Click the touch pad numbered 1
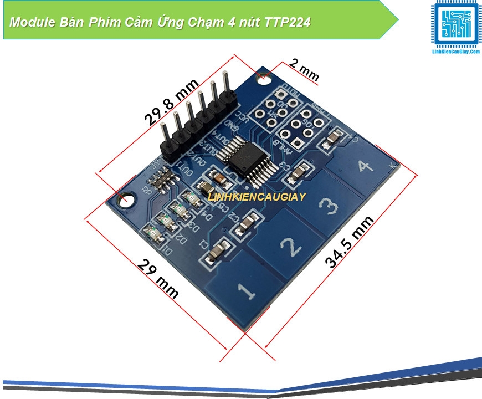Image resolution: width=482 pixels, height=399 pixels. point(239,290)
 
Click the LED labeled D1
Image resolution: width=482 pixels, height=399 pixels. point(153,236)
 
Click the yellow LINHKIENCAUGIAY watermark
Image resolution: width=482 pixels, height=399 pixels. point(257,196)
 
